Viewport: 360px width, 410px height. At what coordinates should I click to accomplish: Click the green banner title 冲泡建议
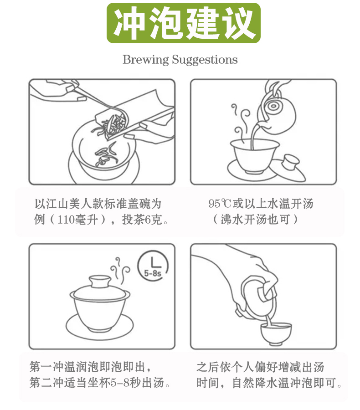(184, 23)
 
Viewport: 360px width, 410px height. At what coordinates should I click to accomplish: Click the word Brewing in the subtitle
(146, 60)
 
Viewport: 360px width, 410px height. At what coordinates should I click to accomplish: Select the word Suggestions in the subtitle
(205, 60)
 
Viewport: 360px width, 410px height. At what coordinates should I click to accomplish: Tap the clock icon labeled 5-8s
(153, 266)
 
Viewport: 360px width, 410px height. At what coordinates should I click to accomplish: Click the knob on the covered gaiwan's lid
(100, 281)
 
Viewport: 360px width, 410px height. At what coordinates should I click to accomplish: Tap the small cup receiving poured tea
(276, 333)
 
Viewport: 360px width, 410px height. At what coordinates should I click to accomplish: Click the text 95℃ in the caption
(220, 204)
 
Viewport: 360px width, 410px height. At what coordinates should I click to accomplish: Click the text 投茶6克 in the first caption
(142, 220)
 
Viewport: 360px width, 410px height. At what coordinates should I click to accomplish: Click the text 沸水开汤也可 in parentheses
(256, 220)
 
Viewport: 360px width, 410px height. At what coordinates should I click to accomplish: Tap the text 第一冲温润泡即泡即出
(87, 367)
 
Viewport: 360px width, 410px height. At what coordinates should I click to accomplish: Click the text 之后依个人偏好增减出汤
(260, 367)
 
